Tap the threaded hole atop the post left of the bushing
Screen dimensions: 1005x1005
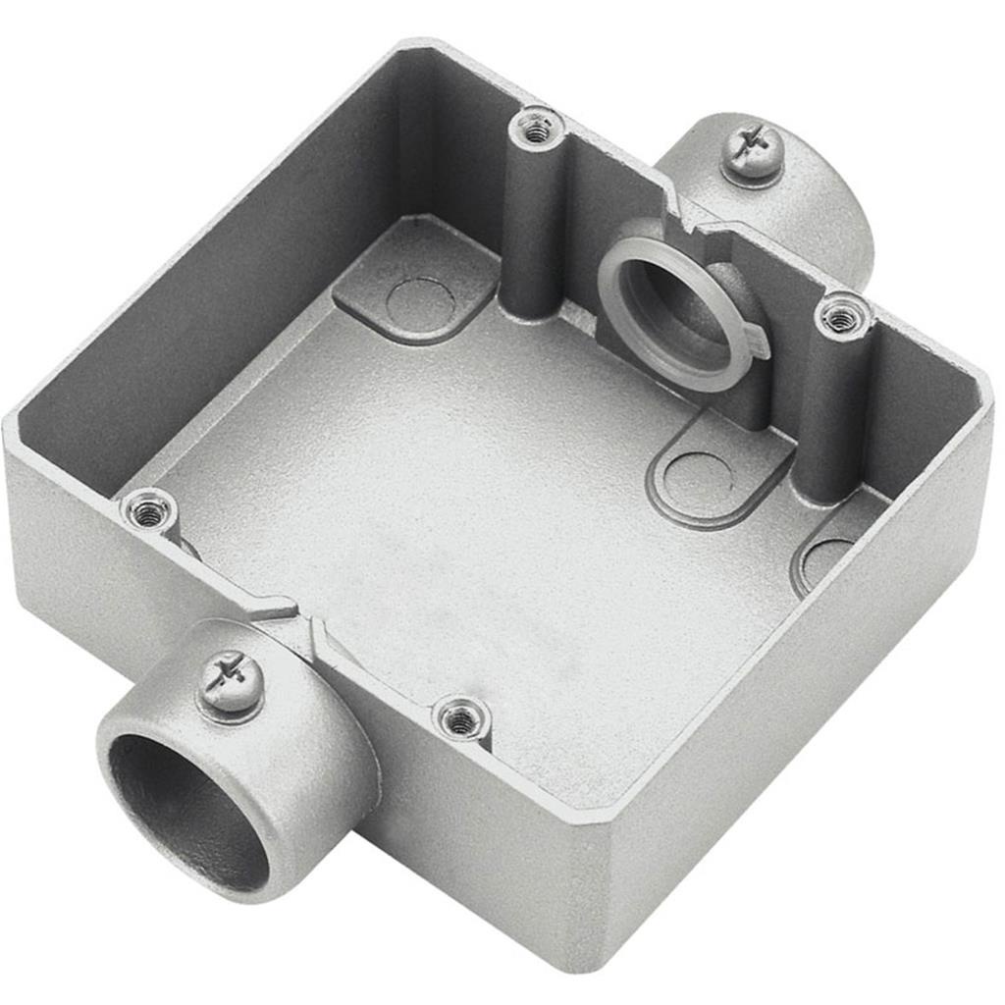point(536,127)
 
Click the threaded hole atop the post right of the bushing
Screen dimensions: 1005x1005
point(841,317)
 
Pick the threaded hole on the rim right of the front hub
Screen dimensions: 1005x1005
point(460,719)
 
